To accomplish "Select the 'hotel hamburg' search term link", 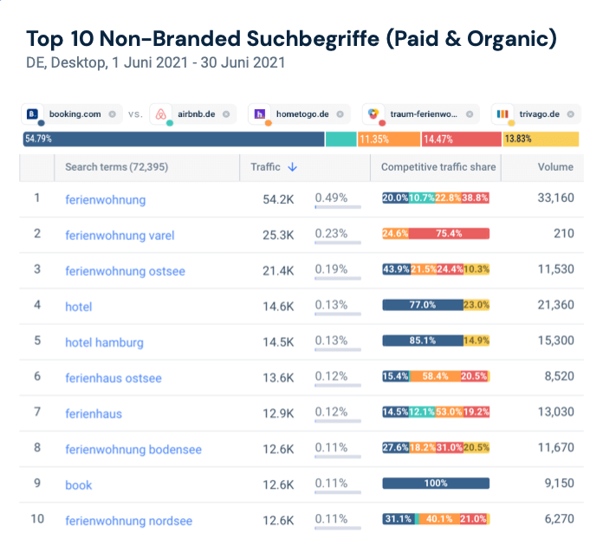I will tap(104, 341).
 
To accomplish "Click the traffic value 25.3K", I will tap(278, 234).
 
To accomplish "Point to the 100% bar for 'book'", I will tap(436, 484).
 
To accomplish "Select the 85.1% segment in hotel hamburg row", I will tap(423, 341).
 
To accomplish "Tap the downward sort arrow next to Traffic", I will tap(293, 167).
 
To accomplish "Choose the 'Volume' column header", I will tap(555, 167).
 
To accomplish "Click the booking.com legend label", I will tap(75, 114).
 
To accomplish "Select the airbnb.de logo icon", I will tap(161, 114).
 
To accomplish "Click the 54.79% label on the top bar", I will tap(38, 139).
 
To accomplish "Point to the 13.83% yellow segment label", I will tap(518, 139).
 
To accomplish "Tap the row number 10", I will tap(37, 520).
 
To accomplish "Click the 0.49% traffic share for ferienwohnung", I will tap(331, 198).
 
